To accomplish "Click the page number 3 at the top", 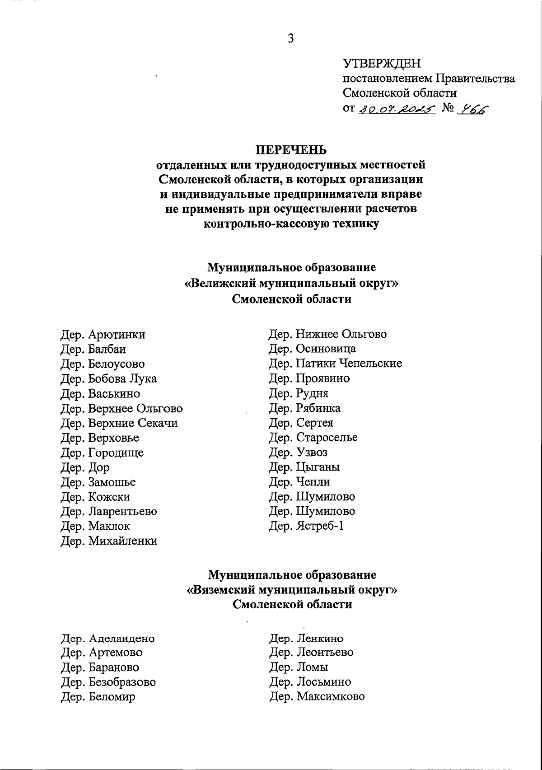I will [291, 39].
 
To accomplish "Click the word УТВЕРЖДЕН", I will [382, 63].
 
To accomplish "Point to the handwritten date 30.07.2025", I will [397, 109].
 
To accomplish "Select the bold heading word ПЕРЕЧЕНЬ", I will [291, 149].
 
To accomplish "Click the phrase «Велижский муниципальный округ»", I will [291, 284].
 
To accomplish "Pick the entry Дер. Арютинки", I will [103, 335].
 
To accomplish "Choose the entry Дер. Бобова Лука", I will [108, 378].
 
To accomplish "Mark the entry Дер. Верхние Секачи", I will [119, 423].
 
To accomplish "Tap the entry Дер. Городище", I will [102, 453].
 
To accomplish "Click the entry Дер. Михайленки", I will [109, 541].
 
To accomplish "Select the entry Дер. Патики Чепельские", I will [335, 364].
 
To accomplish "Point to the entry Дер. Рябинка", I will [304, 408].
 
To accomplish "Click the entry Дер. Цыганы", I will [304, 467].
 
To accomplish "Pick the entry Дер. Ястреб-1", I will [306, 526].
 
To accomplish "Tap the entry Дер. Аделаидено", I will [108, 639].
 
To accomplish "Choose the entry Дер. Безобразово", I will [108, 682].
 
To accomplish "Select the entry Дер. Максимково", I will [317, 696].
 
